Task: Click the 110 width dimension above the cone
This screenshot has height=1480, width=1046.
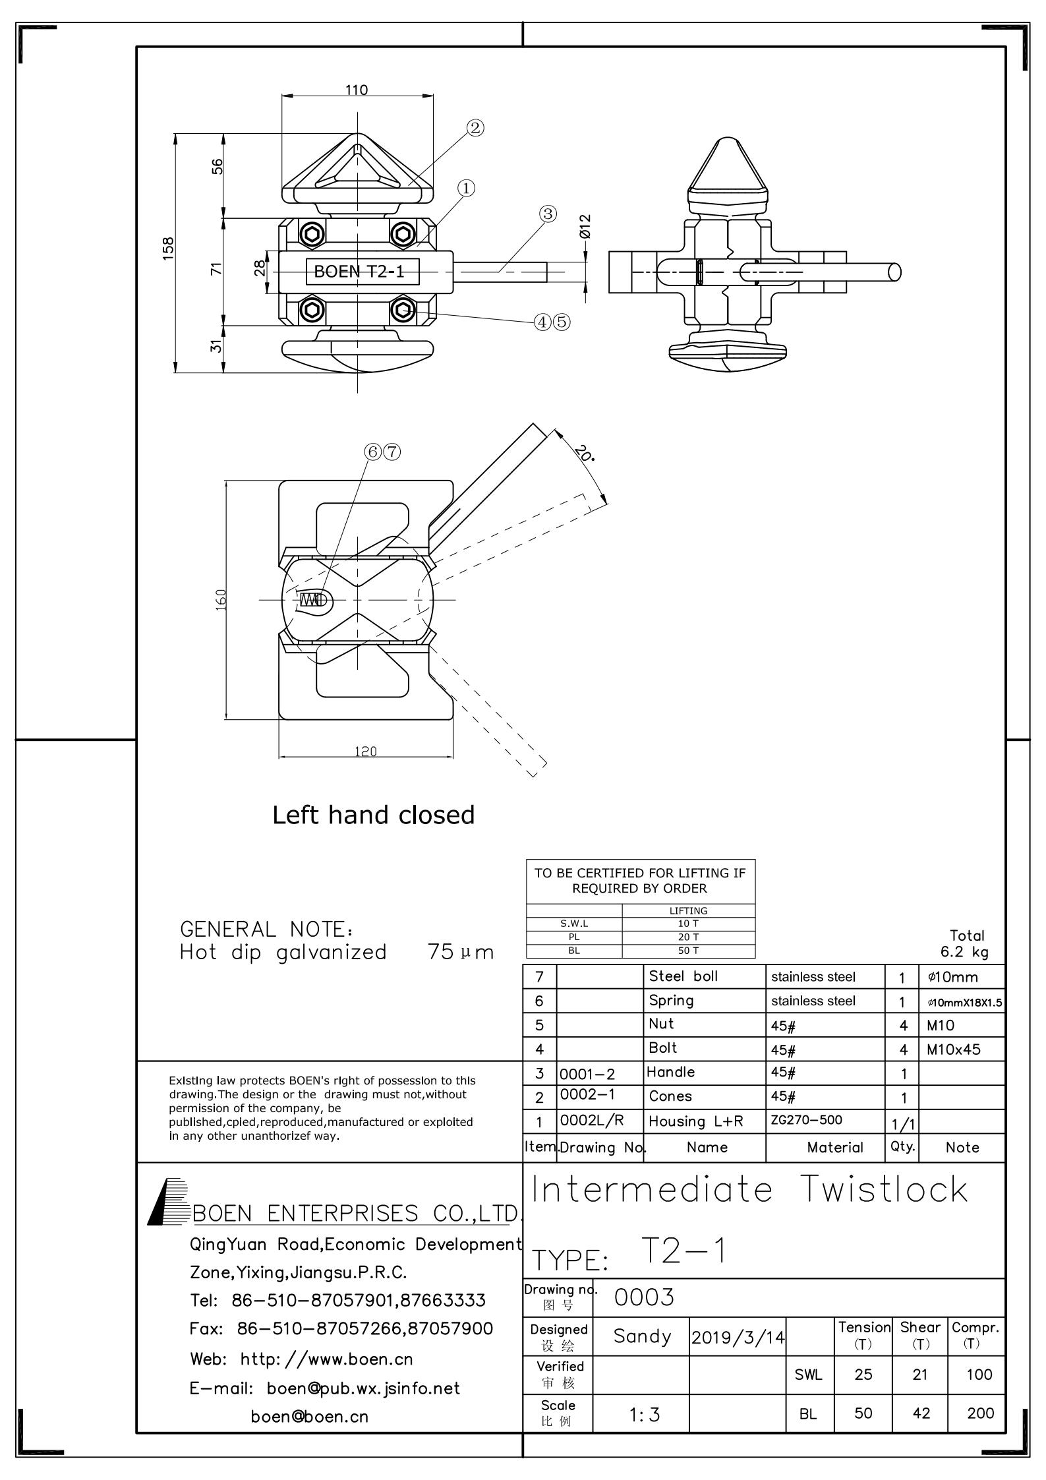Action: pyautogui.click(x=357, y=90)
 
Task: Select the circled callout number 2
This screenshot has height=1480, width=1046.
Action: pyautogui.click(x=475, y=128)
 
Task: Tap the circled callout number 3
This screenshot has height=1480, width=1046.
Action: pyautogui.click(x=548, y=214)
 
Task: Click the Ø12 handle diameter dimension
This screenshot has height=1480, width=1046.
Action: pyautogui.click(x=585, y=226)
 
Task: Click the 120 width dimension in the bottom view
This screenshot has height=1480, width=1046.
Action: pyautogui.click(x=365, y=751)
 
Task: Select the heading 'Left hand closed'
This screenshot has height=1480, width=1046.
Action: pyautogui.click(x=373, y=815)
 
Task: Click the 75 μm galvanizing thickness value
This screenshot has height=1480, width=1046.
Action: pyautogui.click(x=461, y=952)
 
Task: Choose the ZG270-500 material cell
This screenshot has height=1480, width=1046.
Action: pyautogui.click(x=806, y=1119)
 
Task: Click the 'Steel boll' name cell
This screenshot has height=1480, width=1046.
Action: pyautogui.click(x=683, y=976)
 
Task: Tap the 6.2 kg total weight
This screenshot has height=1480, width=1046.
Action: pyautogui.click(x=964, y=952)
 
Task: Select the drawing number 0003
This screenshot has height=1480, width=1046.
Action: pyautogui.click(x=644, y=1297)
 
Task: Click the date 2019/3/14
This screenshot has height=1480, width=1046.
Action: pyautogui.click(x=738, y=1338)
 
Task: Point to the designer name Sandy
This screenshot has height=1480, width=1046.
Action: pyautogui.click(x=642, y=1336)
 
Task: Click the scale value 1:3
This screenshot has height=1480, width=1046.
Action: pyautogui.click(x=643, y=1414)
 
